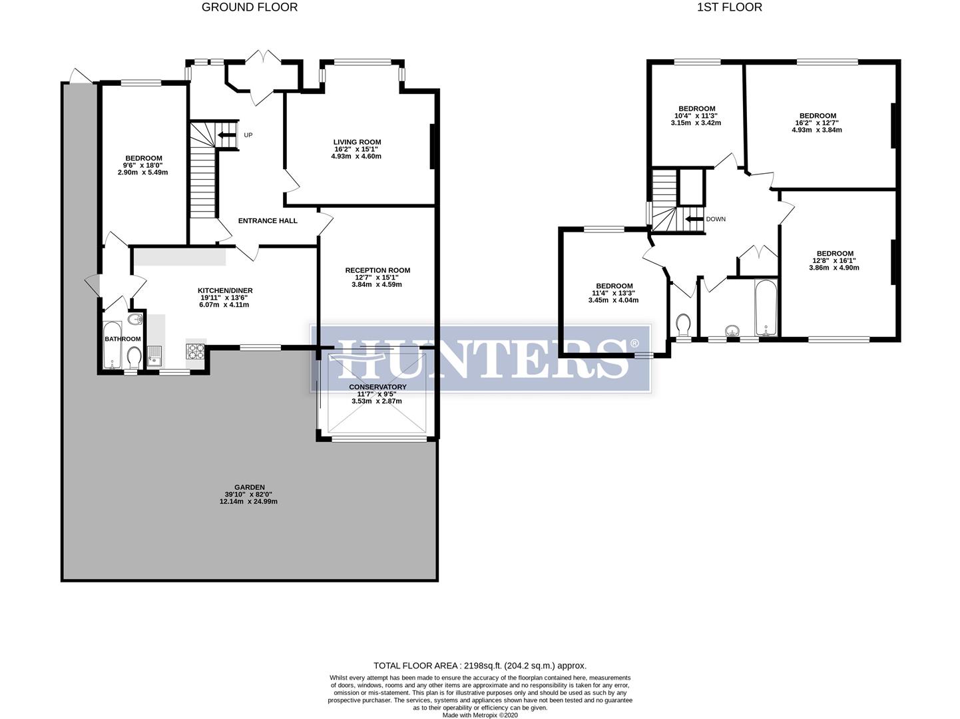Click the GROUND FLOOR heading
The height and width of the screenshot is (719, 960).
(250, 7)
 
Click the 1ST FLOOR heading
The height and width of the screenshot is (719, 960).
(729, 7)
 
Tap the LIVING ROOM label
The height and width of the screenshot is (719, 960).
(358, 142)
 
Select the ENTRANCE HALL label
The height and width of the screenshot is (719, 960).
(268, 221)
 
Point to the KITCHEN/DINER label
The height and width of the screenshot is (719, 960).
(225, 290)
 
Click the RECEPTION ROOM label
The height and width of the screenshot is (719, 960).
(377, 270)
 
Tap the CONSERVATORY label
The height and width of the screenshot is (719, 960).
(377, 387)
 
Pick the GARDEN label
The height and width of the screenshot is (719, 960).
(249, 487)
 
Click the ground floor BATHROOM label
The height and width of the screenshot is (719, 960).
(122, 339)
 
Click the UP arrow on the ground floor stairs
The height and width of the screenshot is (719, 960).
(226, 138)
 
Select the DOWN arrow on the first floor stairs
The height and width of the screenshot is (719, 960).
(694, 219)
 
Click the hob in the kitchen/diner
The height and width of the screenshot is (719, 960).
(196, 351)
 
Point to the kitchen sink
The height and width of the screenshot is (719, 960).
(155, 356)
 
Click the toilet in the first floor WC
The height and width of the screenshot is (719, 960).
(682, 324)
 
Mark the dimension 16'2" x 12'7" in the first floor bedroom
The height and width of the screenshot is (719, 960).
(817, 122)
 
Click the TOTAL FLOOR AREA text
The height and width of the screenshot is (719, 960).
(479, 665)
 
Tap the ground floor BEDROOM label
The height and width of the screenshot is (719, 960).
(143, 158)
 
